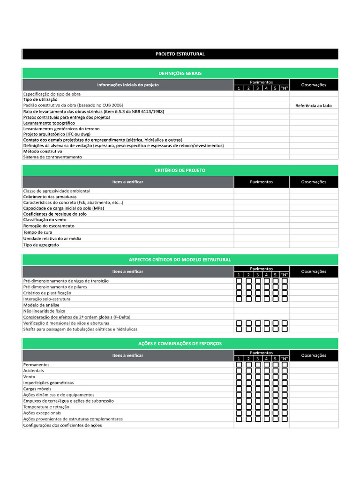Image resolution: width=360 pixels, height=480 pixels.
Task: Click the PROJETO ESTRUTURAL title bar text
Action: tap(180, 54)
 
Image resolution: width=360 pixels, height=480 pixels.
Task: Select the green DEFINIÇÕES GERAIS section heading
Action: tap(180, 73)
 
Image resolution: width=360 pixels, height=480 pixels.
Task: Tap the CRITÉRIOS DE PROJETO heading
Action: tap(180, 170)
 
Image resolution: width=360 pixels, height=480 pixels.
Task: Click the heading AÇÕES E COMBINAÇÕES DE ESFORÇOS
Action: tap(180, 344)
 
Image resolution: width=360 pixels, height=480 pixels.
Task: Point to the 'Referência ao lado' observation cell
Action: tap(313, 105)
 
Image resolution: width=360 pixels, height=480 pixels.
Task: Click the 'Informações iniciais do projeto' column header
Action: tap(127, 85)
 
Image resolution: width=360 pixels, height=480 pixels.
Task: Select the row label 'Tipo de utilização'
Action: tap(40, 99)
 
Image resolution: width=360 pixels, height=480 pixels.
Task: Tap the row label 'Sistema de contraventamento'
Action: tap(52, 157)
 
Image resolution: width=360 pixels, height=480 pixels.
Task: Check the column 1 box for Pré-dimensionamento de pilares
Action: tap(239, 287)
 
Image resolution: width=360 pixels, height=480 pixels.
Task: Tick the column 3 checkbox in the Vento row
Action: tap(257, 377)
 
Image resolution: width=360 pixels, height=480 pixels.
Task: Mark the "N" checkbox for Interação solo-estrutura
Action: tap(285, 299)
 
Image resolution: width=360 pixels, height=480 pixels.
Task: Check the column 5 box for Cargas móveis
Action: tap(276, 389)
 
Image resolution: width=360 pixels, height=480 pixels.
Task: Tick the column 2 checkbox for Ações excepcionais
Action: tap(248, 413)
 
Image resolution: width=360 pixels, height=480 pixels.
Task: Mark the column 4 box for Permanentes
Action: tap(266, 365)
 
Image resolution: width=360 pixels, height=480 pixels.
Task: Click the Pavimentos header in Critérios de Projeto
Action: tap(261, 182)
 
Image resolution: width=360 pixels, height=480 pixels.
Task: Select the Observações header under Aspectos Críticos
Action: tap(314, 271)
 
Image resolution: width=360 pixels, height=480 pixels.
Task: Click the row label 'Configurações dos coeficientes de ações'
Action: tap(62, 425)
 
